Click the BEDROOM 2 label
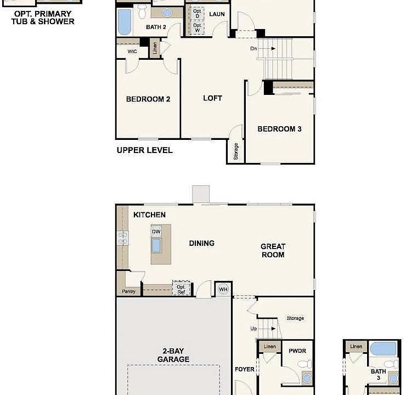[x=148, y=99]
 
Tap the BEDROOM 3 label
[x=279, y=129]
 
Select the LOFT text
[x=212, y=98]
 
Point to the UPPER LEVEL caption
[x=144, y=150]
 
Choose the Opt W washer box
[x=197, y=27]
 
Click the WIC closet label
[x=132, y=51]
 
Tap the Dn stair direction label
[x=253, y=49]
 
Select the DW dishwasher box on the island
[x=156, y=232]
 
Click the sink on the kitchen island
[x=156, y=245]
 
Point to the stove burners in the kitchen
[x=122, y=238]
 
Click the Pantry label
[x=128, y=291]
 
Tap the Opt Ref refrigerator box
[x=181, y=289]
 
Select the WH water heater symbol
[x=223, y=289]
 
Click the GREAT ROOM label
[x=273, y=251]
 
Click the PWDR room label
[x=297, y=351]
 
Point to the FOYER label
[x=245, y=369]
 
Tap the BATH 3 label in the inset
[x=378, y=375]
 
